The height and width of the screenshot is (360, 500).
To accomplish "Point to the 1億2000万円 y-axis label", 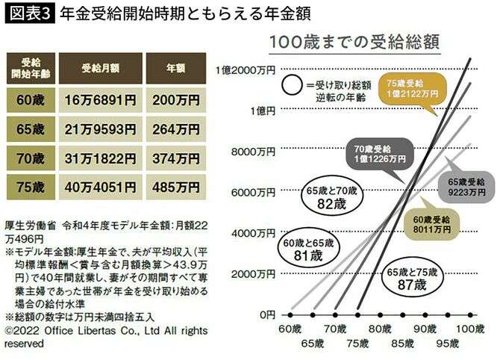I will tap(246, 69).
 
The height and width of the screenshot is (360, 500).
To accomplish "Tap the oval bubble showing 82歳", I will tap(332, 197).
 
